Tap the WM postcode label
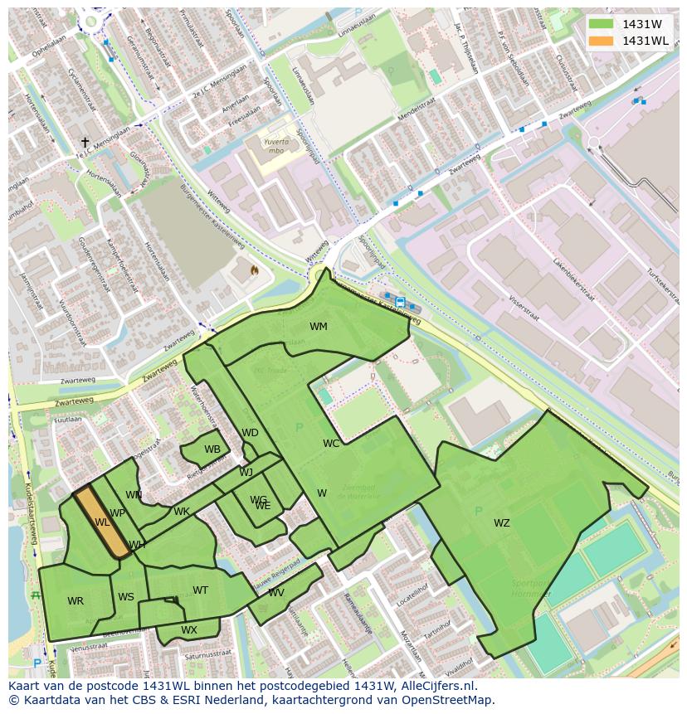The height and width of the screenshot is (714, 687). (319, 327)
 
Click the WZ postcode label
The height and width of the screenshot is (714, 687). (502, 522)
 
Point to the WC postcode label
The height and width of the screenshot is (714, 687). (331, 444)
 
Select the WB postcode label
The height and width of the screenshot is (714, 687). (212, 449)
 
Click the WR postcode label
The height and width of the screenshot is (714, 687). (76, 601)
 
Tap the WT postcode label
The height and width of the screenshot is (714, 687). (200, 590)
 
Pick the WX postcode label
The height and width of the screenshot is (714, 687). (189, 630)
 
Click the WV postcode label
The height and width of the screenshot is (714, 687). (276, 593)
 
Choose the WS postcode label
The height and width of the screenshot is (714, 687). (126, 597)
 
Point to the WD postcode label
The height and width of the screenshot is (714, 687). (250, 433)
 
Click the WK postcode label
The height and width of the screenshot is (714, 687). (182, 512)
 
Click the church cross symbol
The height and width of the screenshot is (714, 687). (85, 143)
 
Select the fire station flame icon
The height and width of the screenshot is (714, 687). (254, 270)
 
